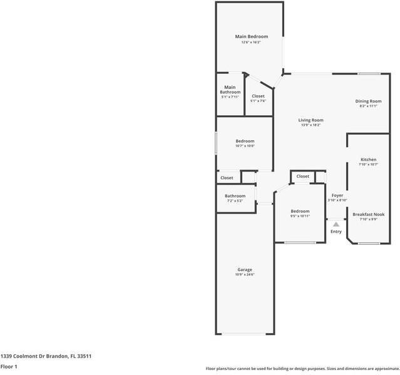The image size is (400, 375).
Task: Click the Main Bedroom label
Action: (x=251, y=37)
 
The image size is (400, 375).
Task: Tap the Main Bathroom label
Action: (x=230, y=90)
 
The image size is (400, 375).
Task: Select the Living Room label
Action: (x=310, y=120)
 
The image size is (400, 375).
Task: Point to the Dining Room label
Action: (x=368, y=101)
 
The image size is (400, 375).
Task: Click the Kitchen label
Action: (x=368, y=160)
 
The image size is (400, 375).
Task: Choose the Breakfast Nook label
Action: (x=368, y=214)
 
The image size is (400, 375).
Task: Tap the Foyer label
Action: (x=337, y=195)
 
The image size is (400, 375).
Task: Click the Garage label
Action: (x=244, y=269)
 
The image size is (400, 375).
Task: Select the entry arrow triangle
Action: (x=336, y=223)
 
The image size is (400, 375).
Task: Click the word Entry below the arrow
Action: (x=336, y=232)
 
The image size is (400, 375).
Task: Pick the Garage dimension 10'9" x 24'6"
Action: (x=244, y=275)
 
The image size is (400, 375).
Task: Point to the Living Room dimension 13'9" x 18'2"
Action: (x=310, y=125)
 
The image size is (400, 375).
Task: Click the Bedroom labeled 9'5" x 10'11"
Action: (x=300, y=212)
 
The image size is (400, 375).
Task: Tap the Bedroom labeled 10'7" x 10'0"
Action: (x=245, y=141)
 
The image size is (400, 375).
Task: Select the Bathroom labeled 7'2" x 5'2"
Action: (x=235, y=196)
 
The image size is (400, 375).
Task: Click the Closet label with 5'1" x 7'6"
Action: (x=258, y=96)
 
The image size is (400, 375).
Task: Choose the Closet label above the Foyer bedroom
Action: (x=303, y=177)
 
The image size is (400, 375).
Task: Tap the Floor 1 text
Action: (x=9, y=366)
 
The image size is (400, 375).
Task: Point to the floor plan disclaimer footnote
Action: (x=302, y=368)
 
